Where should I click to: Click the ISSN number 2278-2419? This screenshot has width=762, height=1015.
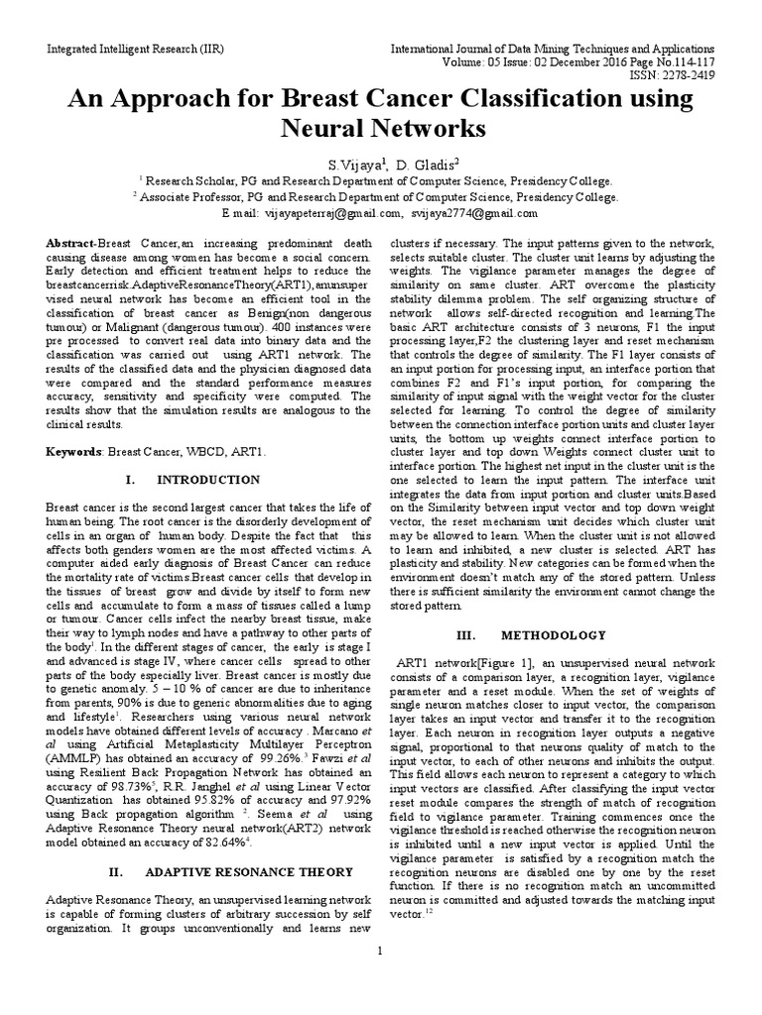click(678, 74)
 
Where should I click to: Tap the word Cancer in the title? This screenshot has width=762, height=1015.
click(397, 99)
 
